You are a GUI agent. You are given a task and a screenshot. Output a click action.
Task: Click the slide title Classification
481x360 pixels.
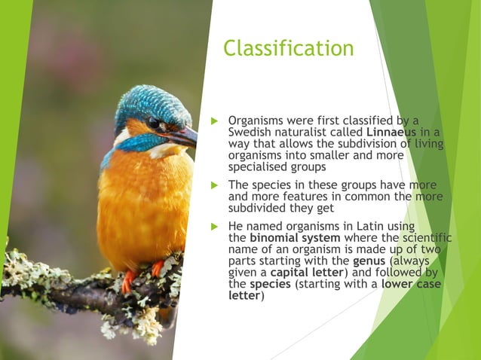288,48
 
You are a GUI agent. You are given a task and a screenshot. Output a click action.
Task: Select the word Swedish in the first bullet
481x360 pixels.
250,133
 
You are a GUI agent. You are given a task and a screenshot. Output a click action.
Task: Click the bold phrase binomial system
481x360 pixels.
295,237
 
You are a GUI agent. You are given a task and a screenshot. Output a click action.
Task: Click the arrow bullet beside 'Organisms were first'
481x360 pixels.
214,121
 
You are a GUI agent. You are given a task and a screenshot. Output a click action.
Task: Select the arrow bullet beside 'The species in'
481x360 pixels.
214,185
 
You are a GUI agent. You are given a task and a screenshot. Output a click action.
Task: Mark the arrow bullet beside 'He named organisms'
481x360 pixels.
214,226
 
